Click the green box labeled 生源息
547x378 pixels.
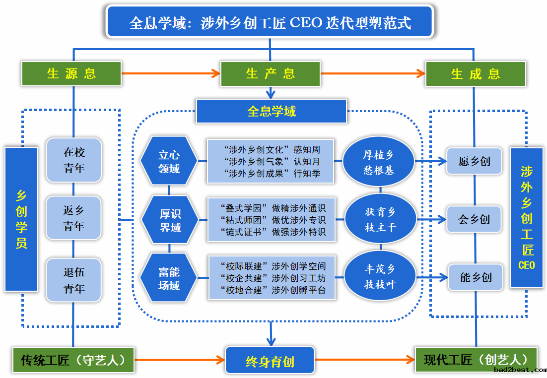[x=71, y=73]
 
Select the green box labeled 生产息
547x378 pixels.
[x=271, y=73]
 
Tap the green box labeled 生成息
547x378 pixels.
[x=476, y=74]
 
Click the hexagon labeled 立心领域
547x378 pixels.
[x=169, y=161]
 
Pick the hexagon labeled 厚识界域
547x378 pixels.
[x=170, y=220]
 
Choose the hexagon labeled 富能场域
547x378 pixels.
[x=169, y=278]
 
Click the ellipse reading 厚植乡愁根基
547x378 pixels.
[x=379, y=162]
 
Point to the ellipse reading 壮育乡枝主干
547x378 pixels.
[x=380, y=219]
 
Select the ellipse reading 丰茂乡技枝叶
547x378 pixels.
[x=380, y=276]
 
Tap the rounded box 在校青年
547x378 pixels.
[x=73, y=160]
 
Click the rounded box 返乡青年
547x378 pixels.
[x=73, y=218]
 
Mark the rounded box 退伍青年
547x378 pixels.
[x=73, y=280]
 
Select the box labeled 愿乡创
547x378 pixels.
[x=475, y=161]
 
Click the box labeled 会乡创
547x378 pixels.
[x=474, y=219]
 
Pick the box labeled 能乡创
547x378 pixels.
[x=476, y=277]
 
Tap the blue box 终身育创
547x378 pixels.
[x=270, y=361]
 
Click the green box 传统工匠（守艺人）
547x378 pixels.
[x=73, y=360]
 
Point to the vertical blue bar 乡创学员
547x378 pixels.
[x=21, y=219]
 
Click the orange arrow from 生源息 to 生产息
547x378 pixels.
[x=171, y=73]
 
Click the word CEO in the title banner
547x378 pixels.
[x=306, y=23]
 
